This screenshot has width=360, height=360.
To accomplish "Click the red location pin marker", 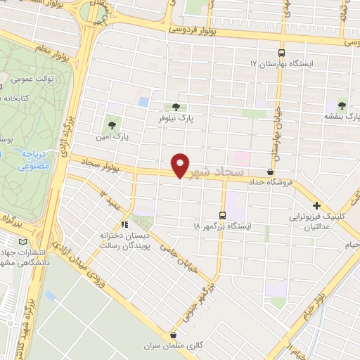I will click(x=181, y=165).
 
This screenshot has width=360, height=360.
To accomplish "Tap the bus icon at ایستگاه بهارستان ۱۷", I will click(x=282, y=53).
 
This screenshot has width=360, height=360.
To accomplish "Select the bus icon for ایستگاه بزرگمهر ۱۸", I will click(x=223, y=215).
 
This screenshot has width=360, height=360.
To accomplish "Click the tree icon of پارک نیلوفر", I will click(x=175, y=106).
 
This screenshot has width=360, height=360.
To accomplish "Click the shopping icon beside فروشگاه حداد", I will click(x=271, y=172).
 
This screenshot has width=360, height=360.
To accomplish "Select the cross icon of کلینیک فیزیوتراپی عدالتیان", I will click(x=316, y=206).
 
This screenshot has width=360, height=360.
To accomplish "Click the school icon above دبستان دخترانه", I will click(x=124, y=224).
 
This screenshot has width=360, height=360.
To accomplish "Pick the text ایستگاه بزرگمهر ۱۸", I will click(x=223, y=227).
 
